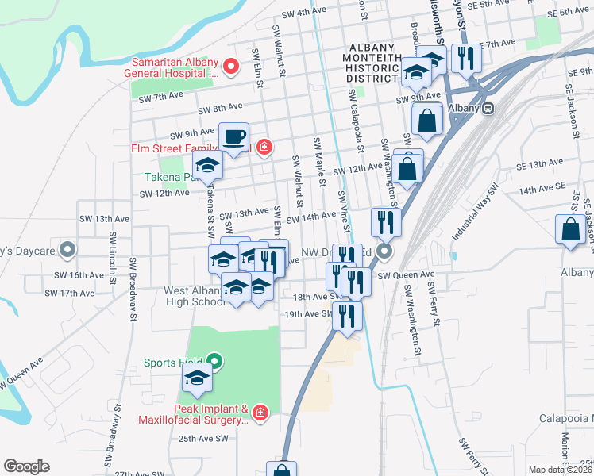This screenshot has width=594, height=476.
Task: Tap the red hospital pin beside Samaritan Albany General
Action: (x=231, y=66)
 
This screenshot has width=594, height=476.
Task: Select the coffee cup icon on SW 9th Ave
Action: (x=233, y=136)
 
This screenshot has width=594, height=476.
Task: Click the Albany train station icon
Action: (x=489, y=108)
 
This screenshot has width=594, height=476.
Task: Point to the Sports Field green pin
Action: (x=215, y=363)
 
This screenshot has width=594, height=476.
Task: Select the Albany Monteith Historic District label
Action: (x=372, y=63)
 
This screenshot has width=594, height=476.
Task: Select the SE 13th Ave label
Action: (x=539, y=164)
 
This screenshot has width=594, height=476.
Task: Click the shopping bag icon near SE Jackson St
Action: (x=571, y=229)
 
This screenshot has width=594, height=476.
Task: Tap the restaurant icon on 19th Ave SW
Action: (x=347, y=315)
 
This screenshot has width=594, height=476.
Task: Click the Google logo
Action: (x=26, y=466)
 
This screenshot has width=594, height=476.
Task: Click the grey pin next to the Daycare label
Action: (x=68, y=251)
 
